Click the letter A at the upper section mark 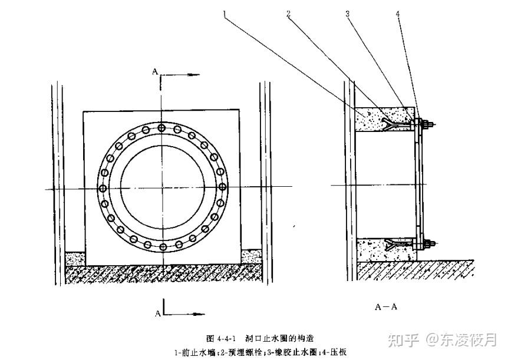point(154,71)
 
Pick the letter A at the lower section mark point(158,313)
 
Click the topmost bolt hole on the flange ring point(162,128)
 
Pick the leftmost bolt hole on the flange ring point(103,188)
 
